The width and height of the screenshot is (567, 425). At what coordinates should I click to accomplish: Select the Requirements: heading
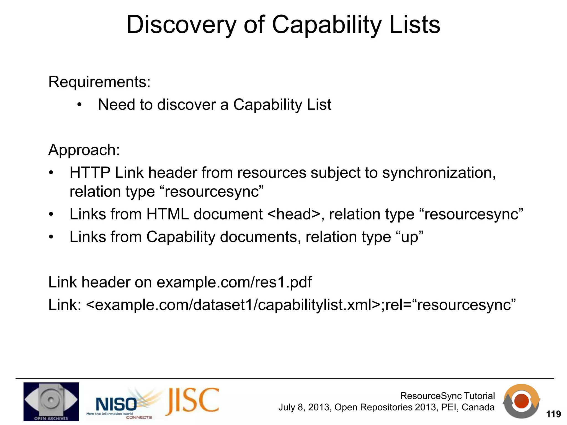tap(99, 82)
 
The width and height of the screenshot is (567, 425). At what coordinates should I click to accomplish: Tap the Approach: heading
tap(84, 150)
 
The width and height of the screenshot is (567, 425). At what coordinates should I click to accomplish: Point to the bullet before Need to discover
tap(79, 105)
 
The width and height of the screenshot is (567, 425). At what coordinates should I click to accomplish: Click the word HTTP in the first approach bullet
tap(90, 173)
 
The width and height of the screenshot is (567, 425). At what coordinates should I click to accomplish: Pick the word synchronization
tap(439, 173)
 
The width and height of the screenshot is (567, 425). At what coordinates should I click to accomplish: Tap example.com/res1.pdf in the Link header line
tap(234, 282)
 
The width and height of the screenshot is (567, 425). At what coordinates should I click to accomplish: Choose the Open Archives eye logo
tap(51, 401)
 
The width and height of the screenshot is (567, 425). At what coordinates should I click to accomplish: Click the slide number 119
tap(553, 414)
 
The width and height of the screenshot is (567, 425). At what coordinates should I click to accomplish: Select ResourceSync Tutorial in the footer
tap(447, 396)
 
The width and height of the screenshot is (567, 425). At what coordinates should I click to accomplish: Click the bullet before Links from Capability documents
tap(51, 237)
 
